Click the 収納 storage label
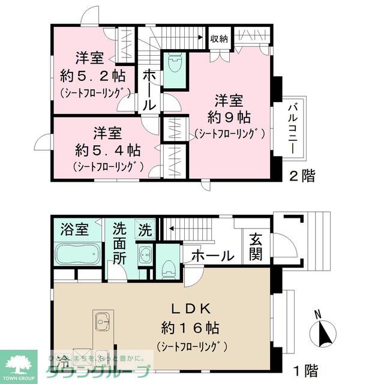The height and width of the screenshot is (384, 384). (x=219, y=38)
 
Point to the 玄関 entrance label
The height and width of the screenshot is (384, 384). (x=256, y=247)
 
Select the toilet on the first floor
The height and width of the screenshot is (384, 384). (x=168, y=266)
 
